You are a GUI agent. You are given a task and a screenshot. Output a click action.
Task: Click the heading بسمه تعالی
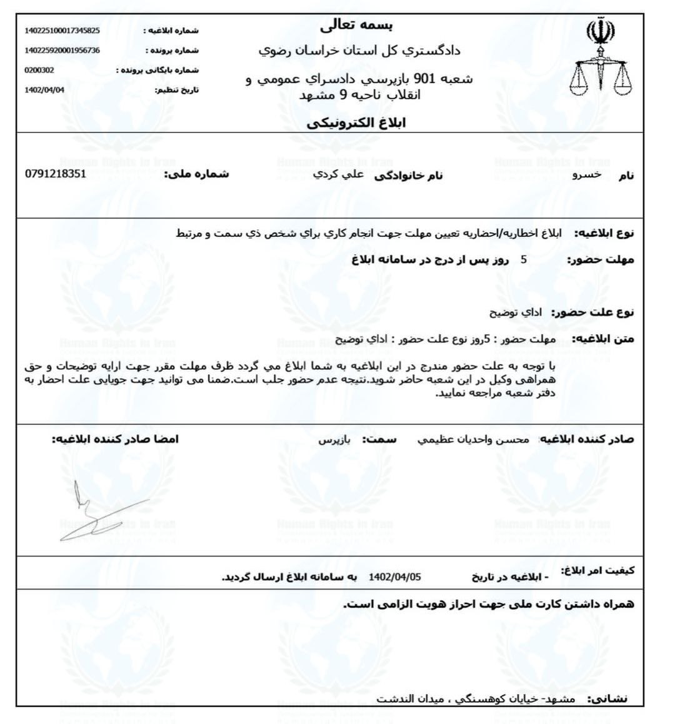(357, 26)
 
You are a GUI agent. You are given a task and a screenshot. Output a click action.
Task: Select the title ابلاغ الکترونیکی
(356, 123)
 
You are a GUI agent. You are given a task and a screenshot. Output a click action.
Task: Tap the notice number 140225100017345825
(62, 30)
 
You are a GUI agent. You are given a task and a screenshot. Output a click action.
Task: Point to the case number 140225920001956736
(62, 50)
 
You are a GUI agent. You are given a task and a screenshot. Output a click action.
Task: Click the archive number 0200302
(39, 70)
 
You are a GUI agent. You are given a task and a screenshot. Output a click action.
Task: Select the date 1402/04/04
(44, 90)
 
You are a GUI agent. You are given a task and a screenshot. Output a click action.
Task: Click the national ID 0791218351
(56, 174)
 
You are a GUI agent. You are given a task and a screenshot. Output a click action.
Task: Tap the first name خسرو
(587, 175)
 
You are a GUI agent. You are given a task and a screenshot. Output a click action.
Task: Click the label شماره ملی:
(196, 174)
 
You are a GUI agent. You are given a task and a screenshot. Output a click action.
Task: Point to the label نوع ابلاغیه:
(604, 233)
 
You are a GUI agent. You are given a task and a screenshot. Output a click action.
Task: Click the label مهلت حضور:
(601, 260)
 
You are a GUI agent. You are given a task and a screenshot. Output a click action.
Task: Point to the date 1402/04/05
(395, 576)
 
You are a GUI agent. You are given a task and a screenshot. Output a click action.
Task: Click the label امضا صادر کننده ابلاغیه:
(115, 439)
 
